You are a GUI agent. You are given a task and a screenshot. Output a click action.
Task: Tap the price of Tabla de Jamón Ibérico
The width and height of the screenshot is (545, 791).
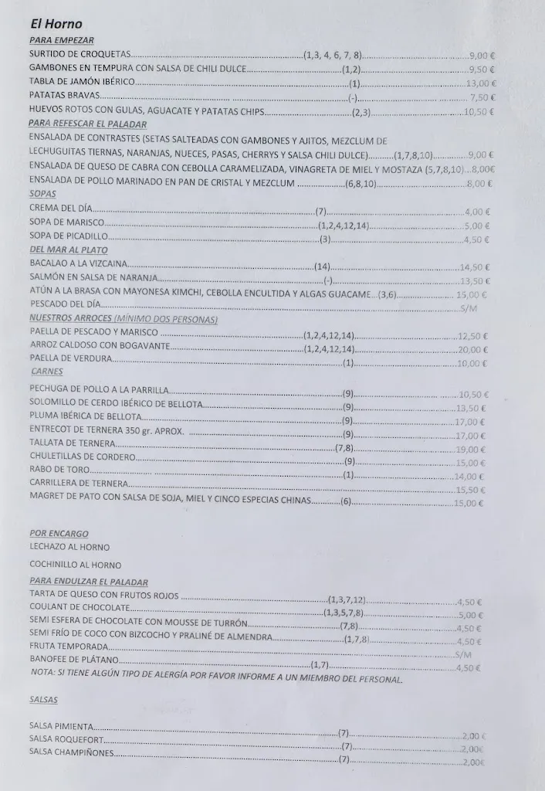481,83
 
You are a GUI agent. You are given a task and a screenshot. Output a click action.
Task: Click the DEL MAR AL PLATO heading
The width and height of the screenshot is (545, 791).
68,250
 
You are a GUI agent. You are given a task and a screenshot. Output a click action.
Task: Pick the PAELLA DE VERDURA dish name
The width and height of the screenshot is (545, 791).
71,358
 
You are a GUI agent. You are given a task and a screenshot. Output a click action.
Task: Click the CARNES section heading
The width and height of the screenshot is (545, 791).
46,372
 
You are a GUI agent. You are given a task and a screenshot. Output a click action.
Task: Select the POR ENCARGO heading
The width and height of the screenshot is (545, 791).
59,533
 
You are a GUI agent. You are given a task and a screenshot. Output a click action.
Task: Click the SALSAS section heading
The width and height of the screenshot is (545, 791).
44,700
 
